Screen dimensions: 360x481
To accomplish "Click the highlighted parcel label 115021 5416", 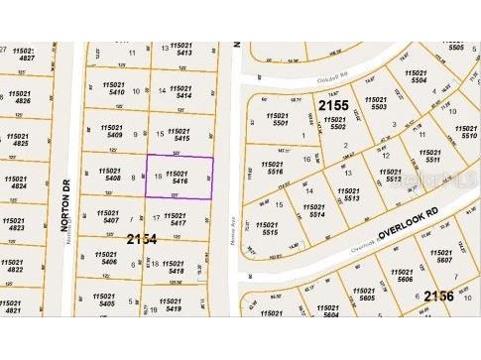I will pyautogui.click(x=180, y=177).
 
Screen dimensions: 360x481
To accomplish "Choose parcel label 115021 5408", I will pyautogui.click(x=109, y=177).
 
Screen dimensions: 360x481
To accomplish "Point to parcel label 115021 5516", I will pyautogui.click(x=271, y=168).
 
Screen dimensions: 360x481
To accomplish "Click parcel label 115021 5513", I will pyautogui.click(x=349, y=194).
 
